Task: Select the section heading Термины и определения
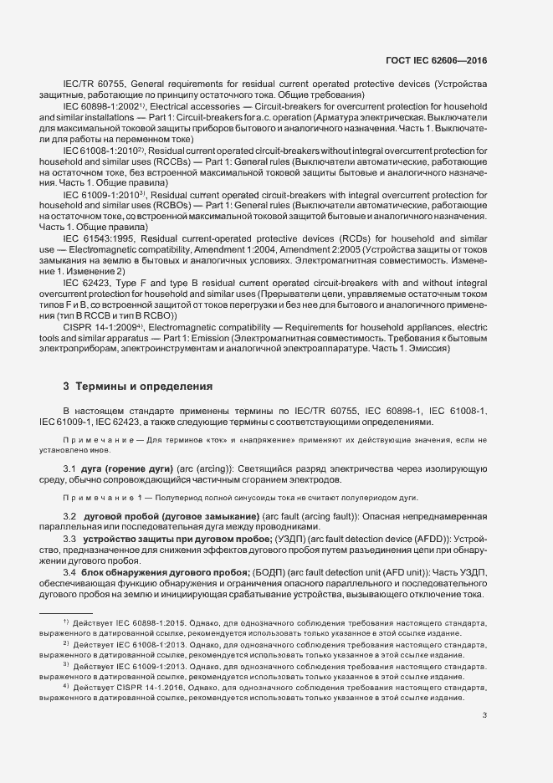138,386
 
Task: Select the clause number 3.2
70,516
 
